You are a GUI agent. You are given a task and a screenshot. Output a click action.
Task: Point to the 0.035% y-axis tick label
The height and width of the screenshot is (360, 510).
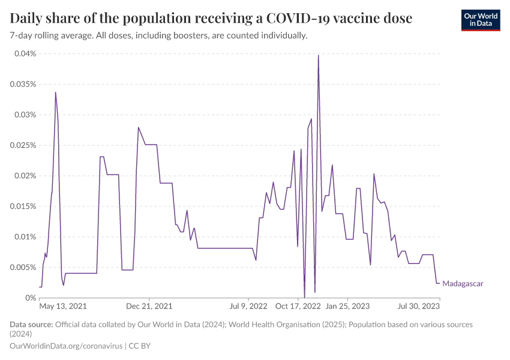22,85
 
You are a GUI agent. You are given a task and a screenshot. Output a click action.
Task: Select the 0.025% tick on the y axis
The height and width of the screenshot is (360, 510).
22,146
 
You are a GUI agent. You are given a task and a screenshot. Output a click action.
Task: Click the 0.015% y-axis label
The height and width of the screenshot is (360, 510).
22,206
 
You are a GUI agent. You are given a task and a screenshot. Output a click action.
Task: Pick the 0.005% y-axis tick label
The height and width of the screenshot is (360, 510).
22,268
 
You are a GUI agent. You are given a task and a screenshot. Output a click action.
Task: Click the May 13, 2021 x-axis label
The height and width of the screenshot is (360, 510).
63,306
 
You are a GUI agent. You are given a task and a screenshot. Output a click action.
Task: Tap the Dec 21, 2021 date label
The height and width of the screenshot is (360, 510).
150,306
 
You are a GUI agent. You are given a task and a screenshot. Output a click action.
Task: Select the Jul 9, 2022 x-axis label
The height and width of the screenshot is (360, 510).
248,306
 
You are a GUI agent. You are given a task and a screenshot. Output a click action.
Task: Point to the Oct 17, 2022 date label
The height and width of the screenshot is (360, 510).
298,306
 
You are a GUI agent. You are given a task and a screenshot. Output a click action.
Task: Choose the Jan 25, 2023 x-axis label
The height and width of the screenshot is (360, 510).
347,306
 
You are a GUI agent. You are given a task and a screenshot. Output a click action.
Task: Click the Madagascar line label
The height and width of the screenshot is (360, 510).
463,283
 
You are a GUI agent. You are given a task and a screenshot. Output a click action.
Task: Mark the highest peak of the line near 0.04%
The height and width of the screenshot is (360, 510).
318,56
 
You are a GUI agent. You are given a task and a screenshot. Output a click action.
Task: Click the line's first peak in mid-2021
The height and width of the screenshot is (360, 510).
56,92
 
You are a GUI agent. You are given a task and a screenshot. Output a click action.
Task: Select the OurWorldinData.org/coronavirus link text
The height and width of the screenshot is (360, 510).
66,346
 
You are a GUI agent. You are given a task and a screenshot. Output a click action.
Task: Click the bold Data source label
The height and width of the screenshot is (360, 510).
31,325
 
